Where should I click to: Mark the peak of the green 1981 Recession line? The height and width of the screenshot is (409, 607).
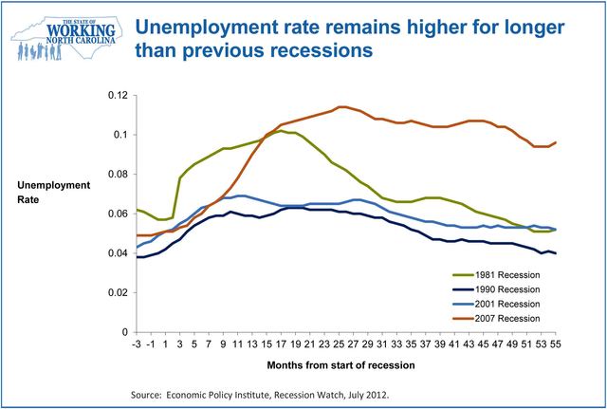point(283,131)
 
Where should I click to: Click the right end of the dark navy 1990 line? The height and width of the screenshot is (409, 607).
point(580,253)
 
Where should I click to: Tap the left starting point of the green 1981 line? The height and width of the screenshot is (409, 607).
point(138,210)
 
